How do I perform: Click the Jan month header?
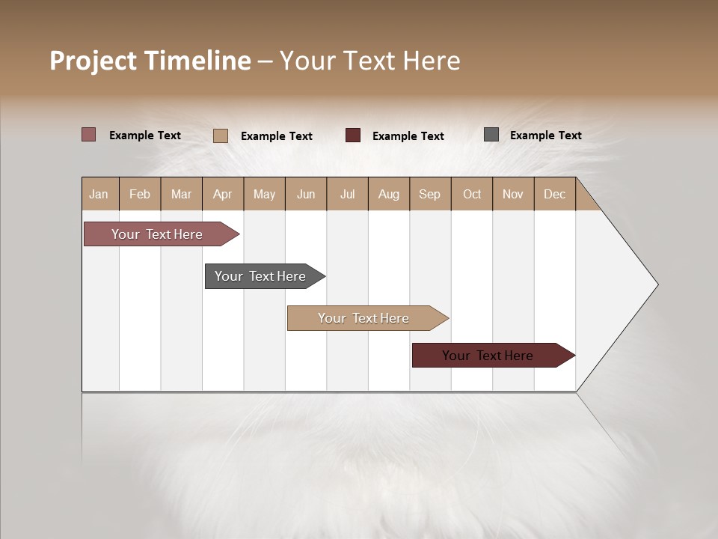click(x=99, y=195)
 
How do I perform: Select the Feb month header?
click(x=140, y=195)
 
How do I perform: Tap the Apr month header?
click(x=223, y=195)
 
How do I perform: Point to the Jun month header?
click(x=306, y=195)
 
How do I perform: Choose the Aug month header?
click(x=389, y=195)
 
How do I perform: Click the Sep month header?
click(x=430, y=195)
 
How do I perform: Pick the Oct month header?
click(x=472, y=195)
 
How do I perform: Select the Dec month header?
click(x=555, y=195)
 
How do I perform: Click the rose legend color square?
click(x=89, y=135)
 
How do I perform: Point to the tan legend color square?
click(x=221, y=135)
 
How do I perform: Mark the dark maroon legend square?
click(x=353, y=135)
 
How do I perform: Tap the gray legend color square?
click(x=491, y=135)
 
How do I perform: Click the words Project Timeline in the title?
click(x=150, y=61)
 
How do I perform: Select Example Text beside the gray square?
click(x=545, y=135)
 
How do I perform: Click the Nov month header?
click(x=513, y=195)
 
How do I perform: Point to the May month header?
click(x=264, y=195)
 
